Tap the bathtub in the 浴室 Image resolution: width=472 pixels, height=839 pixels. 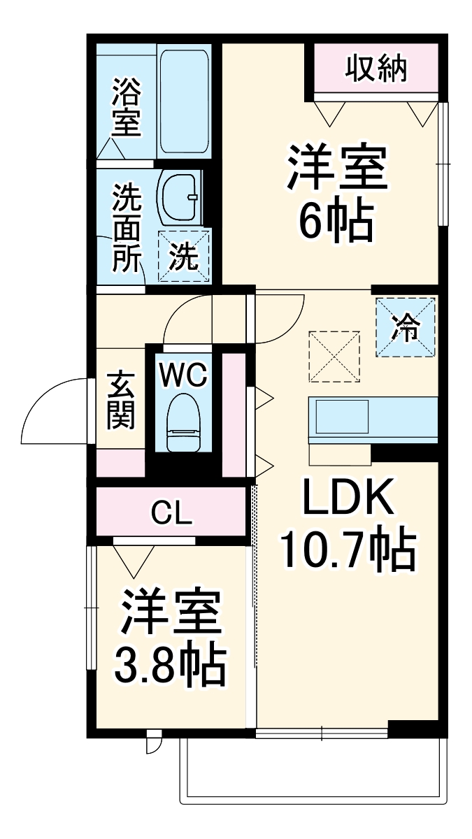click(185, 102)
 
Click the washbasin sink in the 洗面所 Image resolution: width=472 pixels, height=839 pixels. click(180, 197)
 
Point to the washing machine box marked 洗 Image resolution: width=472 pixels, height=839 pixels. click(184, 256)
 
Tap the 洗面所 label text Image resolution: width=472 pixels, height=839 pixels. click(127, 228)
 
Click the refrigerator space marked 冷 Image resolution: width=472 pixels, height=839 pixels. click(406, 327)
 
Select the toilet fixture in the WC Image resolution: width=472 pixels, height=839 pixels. click(184, 424)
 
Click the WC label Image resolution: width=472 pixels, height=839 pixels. click(183, 375)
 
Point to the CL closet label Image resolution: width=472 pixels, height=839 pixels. click(171, 515)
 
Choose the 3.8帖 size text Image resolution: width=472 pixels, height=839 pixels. click(171, 666)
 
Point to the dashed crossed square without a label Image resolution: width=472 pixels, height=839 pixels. click(335, 357)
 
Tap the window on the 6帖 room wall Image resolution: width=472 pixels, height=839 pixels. click(443, 164)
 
